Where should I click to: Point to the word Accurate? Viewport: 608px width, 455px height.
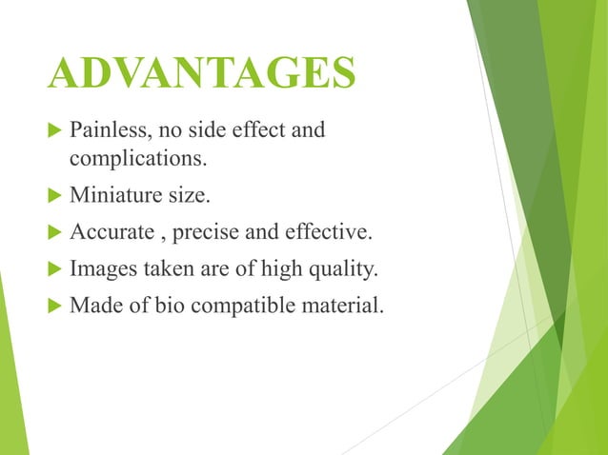[x=107, y=232]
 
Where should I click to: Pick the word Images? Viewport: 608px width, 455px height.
[x=99, y=269]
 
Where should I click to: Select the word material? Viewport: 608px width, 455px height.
[x=335, y=307]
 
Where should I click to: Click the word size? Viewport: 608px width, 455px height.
[x=188, y=195]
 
